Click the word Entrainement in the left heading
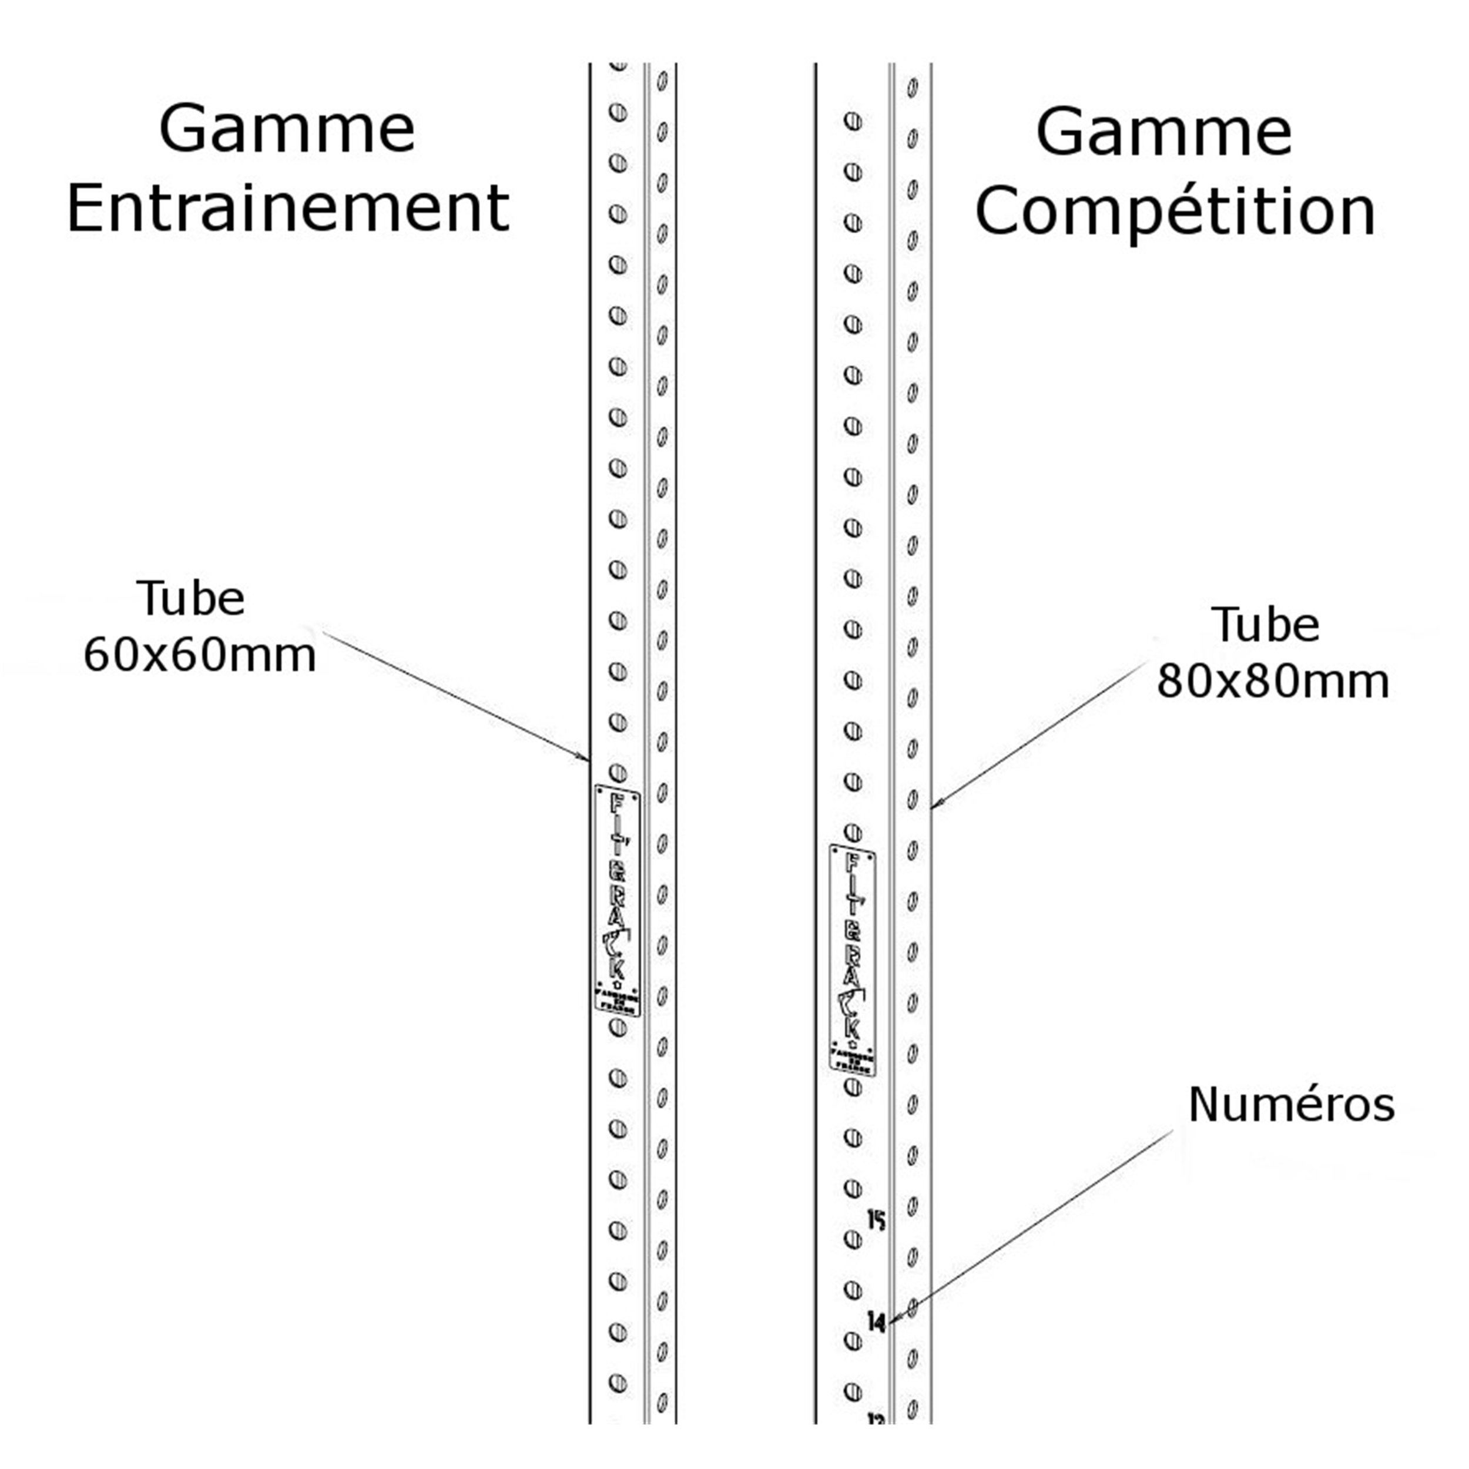tap(287, 209)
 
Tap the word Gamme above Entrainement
tap(287, 129)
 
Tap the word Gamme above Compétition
tap(1163, 132)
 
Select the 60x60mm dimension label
tap(199, 655)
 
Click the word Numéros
tap(1291, 1104)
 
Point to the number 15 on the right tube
tap(877, 1221)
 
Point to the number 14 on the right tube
tap(877, 1323)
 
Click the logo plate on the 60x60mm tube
tap(618, 901)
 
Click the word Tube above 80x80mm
tap(1265, 625)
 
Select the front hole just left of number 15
tap(853, 1239)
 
